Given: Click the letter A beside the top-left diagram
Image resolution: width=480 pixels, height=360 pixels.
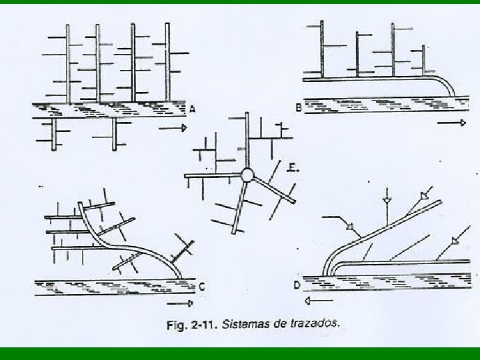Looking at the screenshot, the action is [x=193, y=108].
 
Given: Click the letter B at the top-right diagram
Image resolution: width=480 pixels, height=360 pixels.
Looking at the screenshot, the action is [x=299, y=105].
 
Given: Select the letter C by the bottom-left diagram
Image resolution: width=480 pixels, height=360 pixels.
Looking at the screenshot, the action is [x=201, y=287].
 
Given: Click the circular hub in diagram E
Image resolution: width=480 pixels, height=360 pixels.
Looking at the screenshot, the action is [x=247, y=175].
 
